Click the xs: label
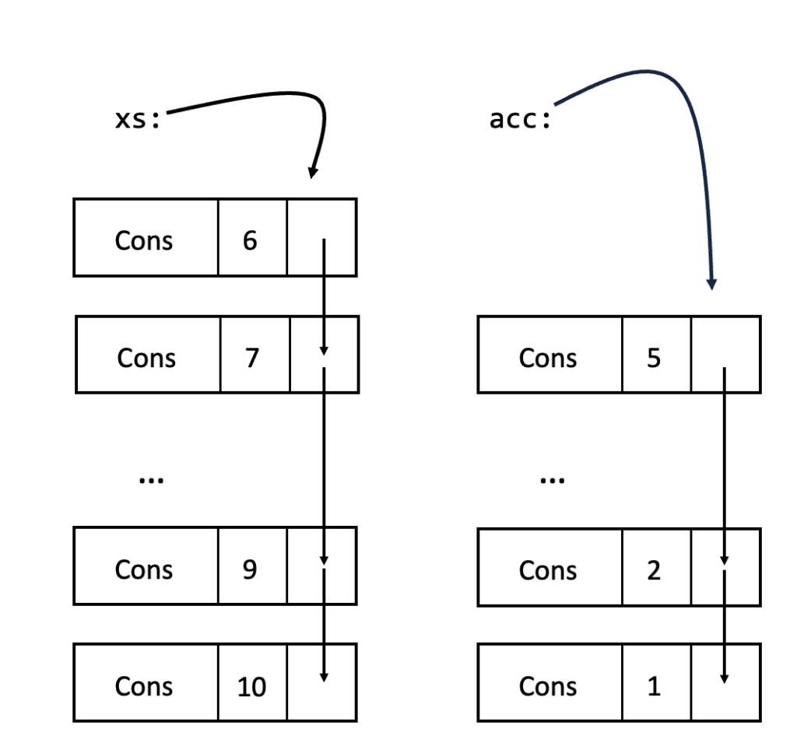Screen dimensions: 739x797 tap(137, 121)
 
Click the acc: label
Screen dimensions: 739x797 tap(519, 121)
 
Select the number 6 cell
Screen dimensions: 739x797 tap(251, 240)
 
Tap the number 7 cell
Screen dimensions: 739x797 tap(253, 358)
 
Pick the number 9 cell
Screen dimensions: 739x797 tap(251, 569)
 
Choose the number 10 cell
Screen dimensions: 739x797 tap(251, 686)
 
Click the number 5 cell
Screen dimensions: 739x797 tap(655, 358)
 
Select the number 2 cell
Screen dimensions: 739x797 tap(654, 570)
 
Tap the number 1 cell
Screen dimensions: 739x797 tap(654, 686)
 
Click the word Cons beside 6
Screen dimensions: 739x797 tap(144, 240)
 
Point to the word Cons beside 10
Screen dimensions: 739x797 tap(144, 686)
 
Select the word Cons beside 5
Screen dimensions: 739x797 tap(548, 358)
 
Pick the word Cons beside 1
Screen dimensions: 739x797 tap(548, 686)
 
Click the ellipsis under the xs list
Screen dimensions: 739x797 tap(150, 480)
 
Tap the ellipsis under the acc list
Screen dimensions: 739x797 tap(553, 480)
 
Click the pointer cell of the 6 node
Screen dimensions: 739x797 tap(321, 237)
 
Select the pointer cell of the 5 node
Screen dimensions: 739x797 tap(725, 354)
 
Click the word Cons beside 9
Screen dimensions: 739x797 tap(144, 569)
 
